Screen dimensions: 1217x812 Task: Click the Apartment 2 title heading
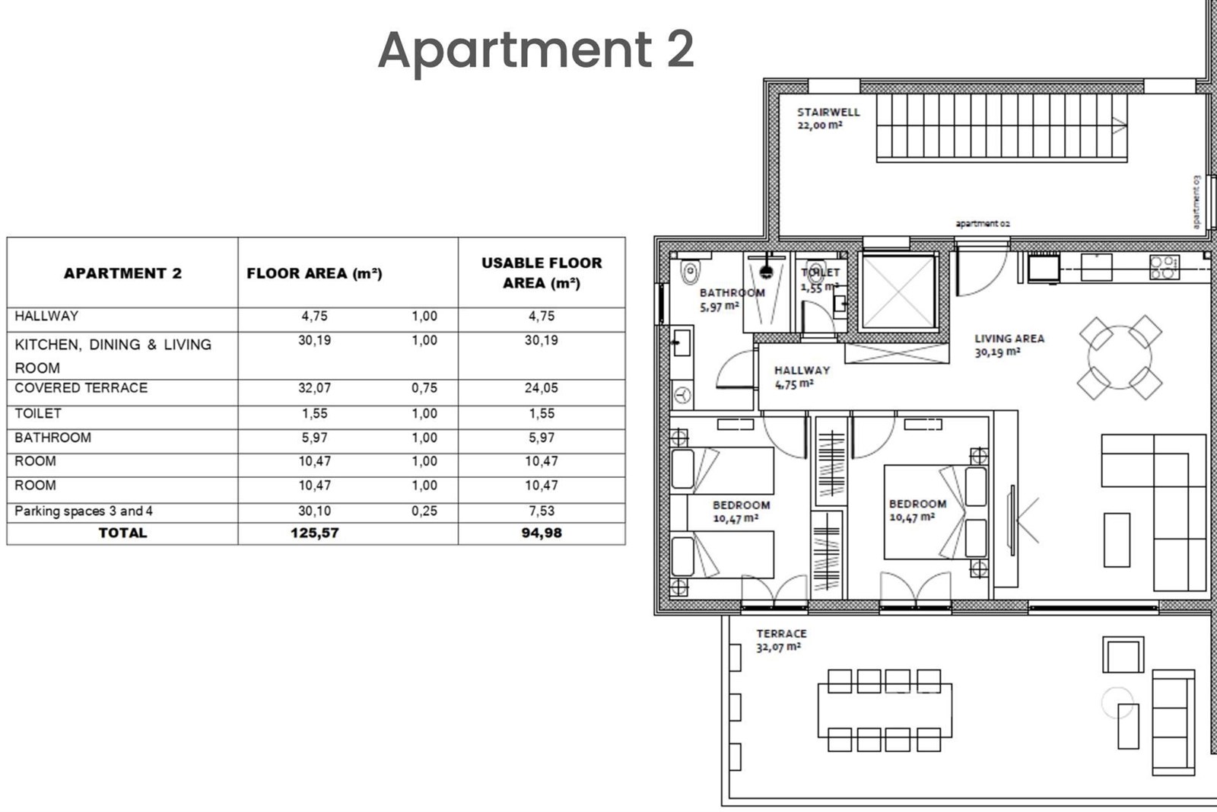[x=535, y=50]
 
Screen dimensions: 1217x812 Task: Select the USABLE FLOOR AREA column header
[x=542, y=273]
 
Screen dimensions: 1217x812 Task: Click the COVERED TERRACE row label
[x=81, y=387]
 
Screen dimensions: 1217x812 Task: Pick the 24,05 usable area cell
[x=541, y=387]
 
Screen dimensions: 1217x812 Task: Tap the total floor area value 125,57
[x=315, y=533]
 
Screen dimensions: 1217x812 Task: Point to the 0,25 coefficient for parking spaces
[x=424, y=511]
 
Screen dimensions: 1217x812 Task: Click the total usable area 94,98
[x=541, y=533]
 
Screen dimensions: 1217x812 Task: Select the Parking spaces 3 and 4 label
[x=83, y=511]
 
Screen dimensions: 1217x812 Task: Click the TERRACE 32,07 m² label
[x=781, y=640]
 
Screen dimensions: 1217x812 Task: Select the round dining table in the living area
[x=1120, y=357]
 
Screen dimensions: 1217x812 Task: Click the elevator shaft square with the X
[x=898, y=292]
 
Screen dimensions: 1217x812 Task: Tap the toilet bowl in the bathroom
[x=690, y=272]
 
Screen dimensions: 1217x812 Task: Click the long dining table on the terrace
[x=885, y=710]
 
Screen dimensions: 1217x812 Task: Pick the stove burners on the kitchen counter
[x=1165, y=267]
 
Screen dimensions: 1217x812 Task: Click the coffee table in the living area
[x=1117, y=540]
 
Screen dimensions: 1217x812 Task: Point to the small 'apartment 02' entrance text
[x=982, y=224]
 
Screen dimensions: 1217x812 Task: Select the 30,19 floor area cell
[x=315, y=340]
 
